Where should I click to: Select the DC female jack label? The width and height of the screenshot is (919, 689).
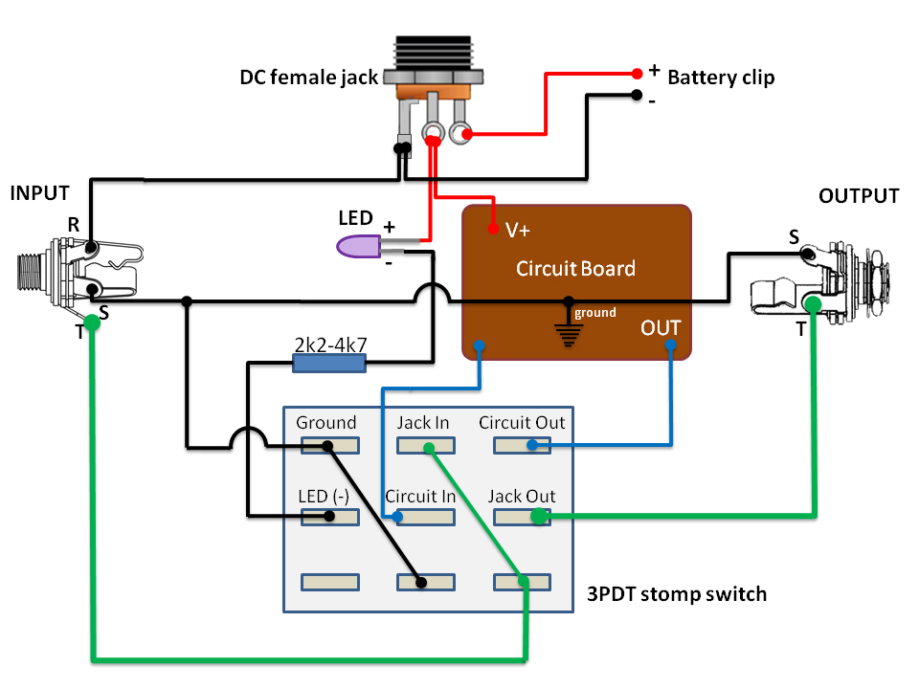click(309, 78)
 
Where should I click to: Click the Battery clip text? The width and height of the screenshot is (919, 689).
click(721, 78)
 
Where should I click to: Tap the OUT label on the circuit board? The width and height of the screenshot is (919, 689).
click(661, 328)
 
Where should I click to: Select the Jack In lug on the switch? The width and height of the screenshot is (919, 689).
click(426, 445)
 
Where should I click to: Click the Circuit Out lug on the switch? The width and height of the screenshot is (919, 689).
click(522, 445)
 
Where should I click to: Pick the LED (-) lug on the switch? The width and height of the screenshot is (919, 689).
click(329, 517)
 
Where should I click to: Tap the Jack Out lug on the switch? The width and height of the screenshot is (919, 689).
click(522, 517)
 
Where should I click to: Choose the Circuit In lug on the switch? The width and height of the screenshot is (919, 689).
click(426, 517)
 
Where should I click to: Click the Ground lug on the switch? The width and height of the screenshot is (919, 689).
click(329, 445)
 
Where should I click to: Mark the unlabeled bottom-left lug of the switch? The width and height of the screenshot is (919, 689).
click(329, 582)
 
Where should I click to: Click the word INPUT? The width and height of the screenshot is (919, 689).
click(39, 193)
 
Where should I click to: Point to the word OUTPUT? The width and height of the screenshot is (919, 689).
click(859, 196)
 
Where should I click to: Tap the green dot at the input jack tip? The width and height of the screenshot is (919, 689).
click(91, 322)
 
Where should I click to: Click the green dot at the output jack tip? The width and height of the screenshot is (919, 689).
click(813, 304)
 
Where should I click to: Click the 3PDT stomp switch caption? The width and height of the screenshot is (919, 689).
click(677, 594)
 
